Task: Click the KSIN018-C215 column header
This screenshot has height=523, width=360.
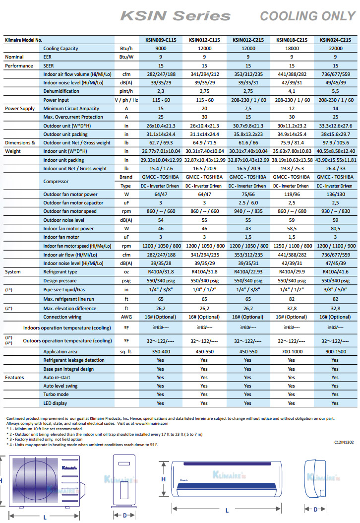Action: point(292,40)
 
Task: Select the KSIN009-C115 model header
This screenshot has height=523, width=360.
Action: point(160,40)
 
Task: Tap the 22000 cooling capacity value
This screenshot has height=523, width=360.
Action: point(336,49)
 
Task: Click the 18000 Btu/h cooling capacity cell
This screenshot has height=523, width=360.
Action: point(292,49)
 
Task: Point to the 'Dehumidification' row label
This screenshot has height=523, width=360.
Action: point(61,91)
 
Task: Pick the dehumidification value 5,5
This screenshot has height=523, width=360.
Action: point(336,91)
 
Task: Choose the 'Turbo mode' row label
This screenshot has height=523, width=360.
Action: point(56,394)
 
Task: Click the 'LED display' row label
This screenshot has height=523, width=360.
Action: point(55,403)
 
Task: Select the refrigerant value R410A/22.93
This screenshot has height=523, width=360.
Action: point(248,272)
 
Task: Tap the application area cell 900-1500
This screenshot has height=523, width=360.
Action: point(336,351)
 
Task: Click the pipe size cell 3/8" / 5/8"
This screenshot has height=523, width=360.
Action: point(336,289)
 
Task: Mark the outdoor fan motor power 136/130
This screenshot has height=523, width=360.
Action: point(336,195)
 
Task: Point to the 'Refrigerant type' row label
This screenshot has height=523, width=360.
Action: point(60,272)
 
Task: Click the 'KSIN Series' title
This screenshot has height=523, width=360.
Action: point(176,16)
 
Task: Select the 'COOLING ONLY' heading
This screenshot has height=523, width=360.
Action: point(307,16)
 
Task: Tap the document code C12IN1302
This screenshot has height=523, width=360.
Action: point(344,441)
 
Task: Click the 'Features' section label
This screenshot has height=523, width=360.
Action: point(15,378)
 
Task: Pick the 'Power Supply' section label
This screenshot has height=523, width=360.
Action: point(20,108)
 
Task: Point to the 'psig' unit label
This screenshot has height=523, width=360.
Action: point(126,280)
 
